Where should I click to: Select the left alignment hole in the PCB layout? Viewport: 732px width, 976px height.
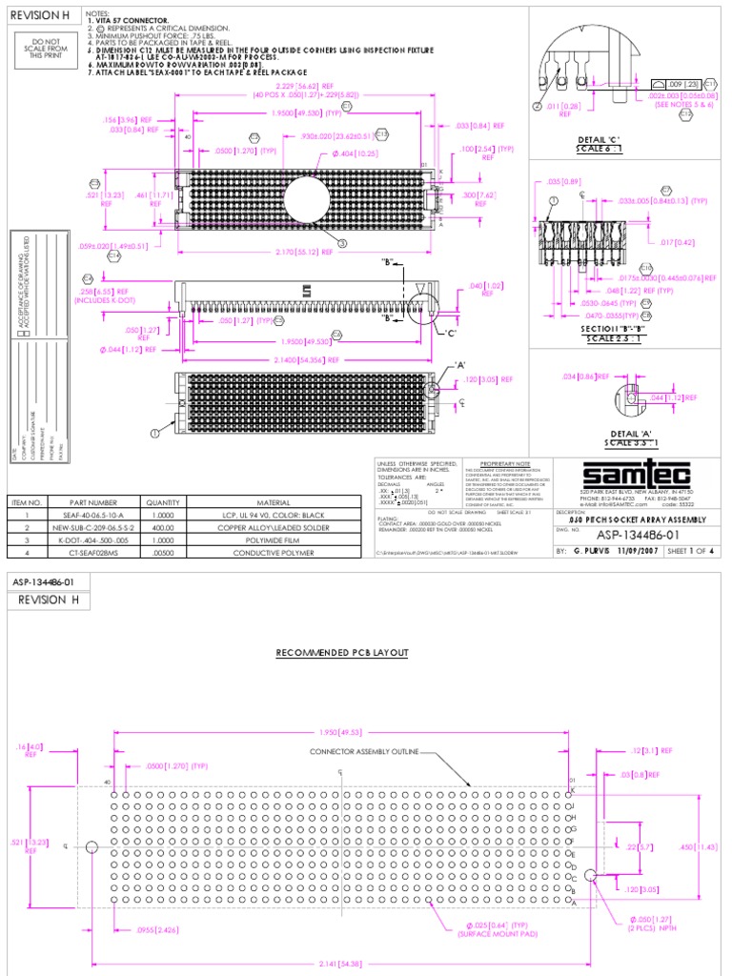91,846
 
